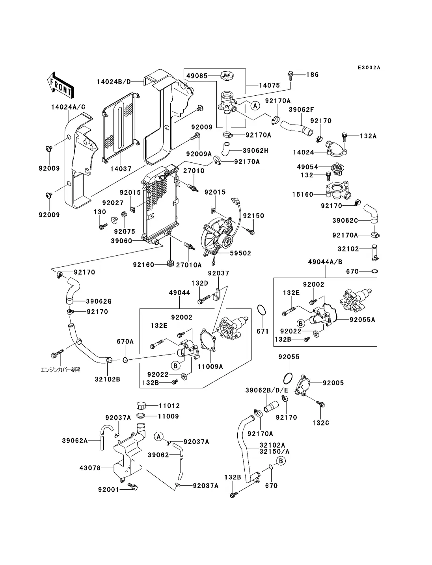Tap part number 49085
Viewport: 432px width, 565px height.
click(x=197, y=75)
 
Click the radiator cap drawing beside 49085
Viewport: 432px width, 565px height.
click(x=227, y=75)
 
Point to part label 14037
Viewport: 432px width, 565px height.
click(x=121, y=169)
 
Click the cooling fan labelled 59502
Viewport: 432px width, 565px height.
click(x=218, y=238)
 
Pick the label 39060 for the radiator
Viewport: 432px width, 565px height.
click(x=121, y=241)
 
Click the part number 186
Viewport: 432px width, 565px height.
click(x=312, y=74)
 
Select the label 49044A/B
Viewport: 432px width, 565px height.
click(x=325, y=262)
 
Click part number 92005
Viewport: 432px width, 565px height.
click(x=333, y=383)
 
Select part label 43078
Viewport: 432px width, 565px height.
click(x=90, y=468)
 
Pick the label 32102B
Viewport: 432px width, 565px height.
click(x=107, y=379)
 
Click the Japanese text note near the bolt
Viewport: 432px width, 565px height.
click(x=60, y=370)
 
